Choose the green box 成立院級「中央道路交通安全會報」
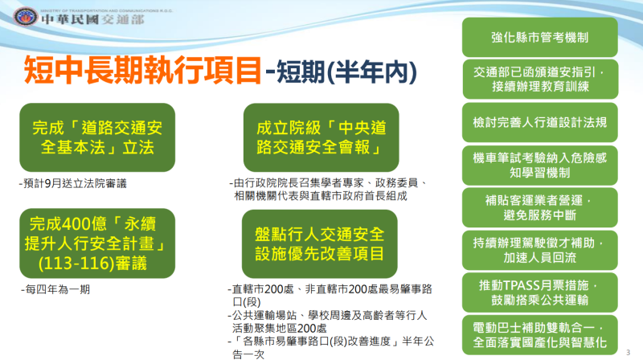(319, 137)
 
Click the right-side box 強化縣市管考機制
(540, 37)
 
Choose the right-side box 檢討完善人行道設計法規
(540, 123)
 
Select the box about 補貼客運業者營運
(540, 207)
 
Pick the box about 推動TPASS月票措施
(540, 292)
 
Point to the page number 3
(627, 351)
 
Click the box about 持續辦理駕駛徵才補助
(540, 250)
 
